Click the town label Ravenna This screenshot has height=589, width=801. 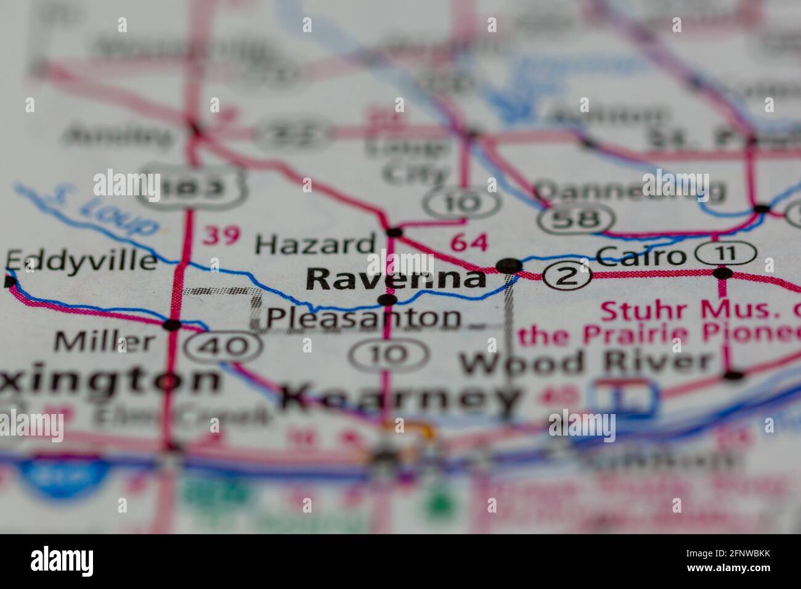pyautogui.click(x=396, y=278)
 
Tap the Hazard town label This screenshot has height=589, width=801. pyautogui.click(x=315, y=245)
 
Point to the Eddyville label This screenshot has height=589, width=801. pyautogui.click(x=81, y=261)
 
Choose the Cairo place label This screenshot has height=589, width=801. pyautogui.click(x=641, y=256)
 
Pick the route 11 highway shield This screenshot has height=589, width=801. pyautogui.click(x=725, y=253)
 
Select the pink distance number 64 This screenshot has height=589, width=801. pyautogui.click(x=468, y=242)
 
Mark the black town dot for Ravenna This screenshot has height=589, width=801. pyautogui.click(x=509, y=266)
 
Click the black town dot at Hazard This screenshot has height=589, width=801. pyautogui.click(x=394, y=232)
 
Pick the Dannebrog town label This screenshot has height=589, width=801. pyautogui.click(x=628, y=191)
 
